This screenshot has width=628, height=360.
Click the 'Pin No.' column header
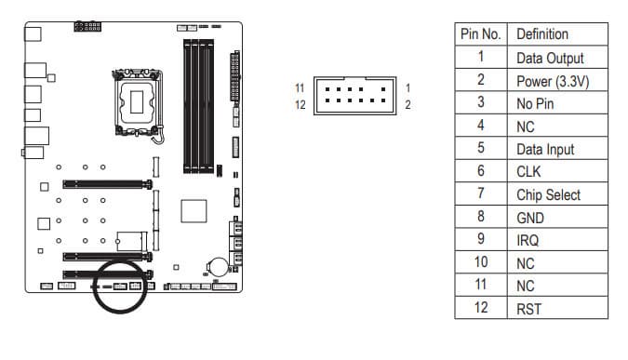point(481,34)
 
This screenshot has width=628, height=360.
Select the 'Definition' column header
point(542,34)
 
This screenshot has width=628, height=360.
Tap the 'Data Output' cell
point(550,59)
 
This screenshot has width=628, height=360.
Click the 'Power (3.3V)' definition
point(553,81)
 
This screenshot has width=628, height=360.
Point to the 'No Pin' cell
point(535,104)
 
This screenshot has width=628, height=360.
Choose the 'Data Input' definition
point(545,150)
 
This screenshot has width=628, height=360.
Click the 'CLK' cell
point(528,172)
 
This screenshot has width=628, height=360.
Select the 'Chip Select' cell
point(548,195)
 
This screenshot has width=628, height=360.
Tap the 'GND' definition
point(530,219)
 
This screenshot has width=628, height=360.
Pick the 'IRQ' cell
point(528,241)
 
